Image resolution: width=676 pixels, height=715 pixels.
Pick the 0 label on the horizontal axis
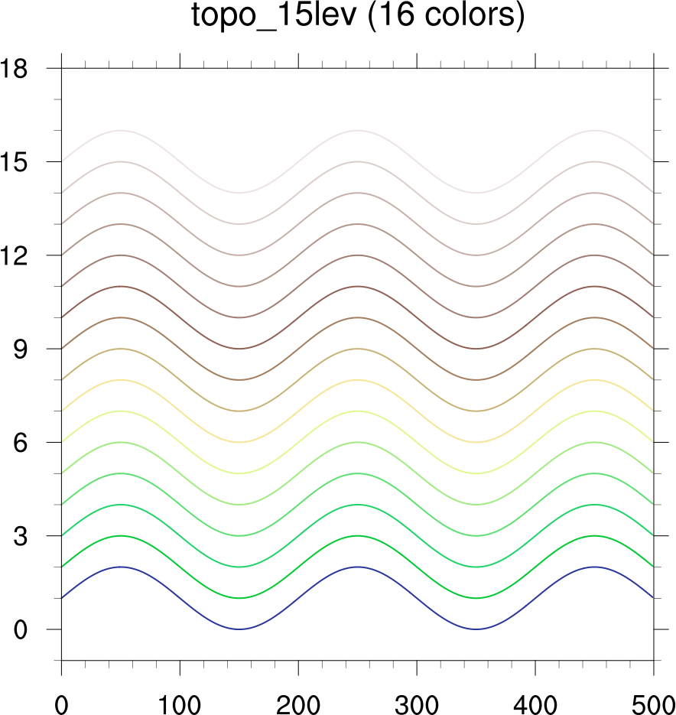tap(61, 699)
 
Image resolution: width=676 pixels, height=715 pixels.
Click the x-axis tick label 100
tap(180, 699)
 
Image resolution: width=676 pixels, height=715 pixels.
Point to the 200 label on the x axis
tap(298, 699)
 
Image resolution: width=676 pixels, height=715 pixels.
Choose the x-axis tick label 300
tap(417, 699)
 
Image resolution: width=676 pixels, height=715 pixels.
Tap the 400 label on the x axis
tap(535, 699)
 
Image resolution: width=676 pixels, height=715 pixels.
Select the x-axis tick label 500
tap(652, 699)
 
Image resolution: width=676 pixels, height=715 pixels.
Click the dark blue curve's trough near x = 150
tap(239, 629)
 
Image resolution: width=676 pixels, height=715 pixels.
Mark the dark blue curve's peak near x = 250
tap(357, 567)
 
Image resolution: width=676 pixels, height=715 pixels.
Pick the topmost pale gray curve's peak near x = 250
tap(357, 131)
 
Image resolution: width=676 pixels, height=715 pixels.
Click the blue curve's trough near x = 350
tap(476, 629)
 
